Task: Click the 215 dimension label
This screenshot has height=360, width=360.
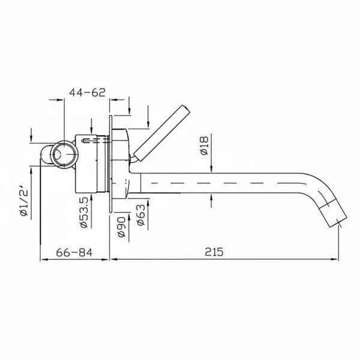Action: pos(214,251)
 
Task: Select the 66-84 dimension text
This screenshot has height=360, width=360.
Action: pos(74,253)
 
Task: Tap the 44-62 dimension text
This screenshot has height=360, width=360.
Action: pos(87,92)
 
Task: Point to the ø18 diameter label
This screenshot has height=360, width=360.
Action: pos(204,146)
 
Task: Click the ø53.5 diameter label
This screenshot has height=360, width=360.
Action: pos(84,212)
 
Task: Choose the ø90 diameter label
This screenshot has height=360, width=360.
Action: pos(121,227)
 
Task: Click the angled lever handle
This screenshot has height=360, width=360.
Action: pos(162,134)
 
